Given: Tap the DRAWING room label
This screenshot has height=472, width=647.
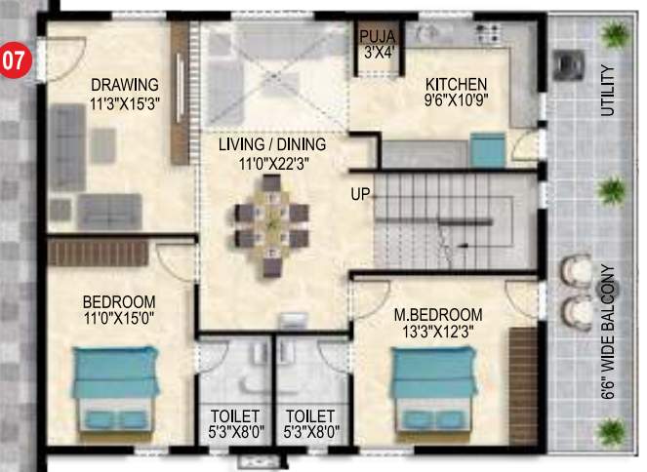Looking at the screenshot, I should [124, 84].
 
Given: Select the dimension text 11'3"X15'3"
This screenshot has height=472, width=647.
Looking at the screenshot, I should [124, 101].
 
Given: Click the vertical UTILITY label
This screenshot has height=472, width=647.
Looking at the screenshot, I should [608, 91].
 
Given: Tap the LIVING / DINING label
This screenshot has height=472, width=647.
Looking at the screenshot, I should [271, 145].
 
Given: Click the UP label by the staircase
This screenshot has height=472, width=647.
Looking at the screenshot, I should [360, 194].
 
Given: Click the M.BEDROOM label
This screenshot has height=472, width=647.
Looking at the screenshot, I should [438, 316].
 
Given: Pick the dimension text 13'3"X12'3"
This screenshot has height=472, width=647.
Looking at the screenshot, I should [438, 332].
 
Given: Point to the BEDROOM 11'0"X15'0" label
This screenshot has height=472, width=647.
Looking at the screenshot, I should [118, 308].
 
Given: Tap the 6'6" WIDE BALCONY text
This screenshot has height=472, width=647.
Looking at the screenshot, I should [608, 330].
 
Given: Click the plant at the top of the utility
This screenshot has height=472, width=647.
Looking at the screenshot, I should [615, 36].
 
